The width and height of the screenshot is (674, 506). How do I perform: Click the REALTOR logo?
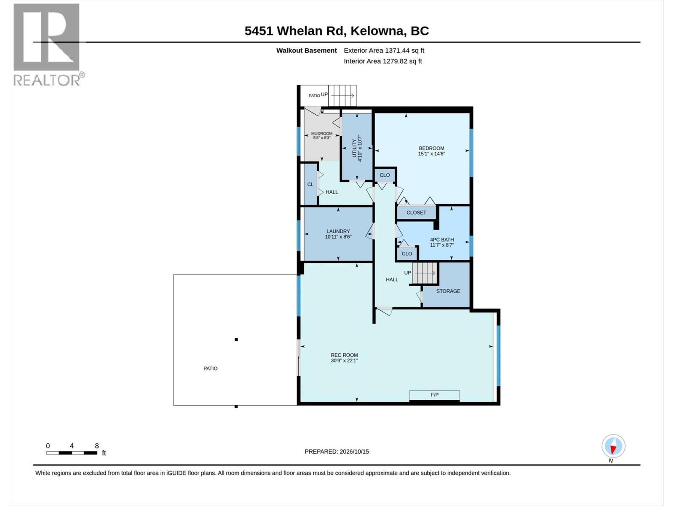point(48,45)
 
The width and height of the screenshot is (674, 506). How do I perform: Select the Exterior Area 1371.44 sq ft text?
point(384,50)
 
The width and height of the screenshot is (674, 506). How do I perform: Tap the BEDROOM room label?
point(431,148)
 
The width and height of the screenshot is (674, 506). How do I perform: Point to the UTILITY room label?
point(354,148)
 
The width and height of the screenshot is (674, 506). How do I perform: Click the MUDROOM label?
point(322,133)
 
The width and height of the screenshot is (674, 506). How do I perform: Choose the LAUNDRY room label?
point(338,231)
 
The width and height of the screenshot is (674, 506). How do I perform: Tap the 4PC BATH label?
point(442,240)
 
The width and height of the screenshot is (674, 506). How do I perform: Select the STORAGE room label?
point(448,291)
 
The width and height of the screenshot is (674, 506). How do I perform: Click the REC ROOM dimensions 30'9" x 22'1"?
point(344,361)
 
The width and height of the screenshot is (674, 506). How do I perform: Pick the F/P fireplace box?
point(434,396)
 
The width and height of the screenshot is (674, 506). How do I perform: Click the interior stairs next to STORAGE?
point(425,273)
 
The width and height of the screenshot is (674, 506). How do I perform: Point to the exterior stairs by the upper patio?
point(342,96)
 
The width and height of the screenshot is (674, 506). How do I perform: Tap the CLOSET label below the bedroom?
point(416,213)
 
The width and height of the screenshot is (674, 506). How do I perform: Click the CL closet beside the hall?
point(310,184)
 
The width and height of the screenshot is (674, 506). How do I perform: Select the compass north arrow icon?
point(613,446)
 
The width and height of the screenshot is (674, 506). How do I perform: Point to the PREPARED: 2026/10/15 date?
point(337,451)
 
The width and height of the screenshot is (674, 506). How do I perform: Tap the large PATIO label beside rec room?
point(210,369)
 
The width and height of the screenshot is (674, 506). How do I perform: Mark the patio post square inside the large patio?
point(236,339)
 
